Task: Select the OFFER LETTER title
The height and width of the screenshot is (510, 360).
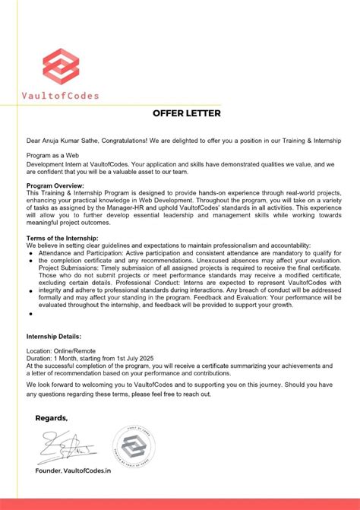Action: click(x=187, y=114)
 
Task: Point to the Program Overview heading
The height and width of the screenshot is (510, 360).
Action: click(x=55, y=185)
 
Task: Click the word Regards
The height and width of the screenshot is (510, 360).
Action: click(x=51, y=418)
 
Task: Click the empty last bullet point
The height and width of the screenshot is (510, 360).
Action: click(x=30, y=312)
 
